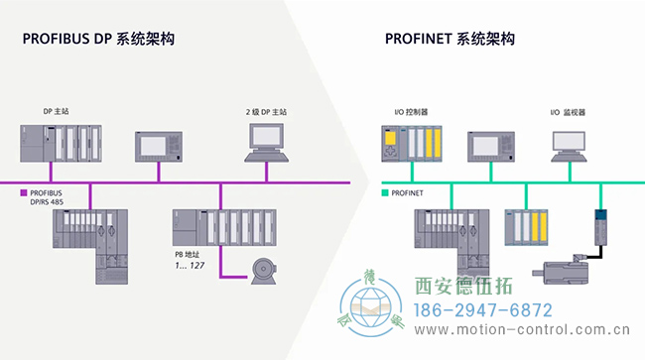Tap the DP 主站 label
(x=54, y=112)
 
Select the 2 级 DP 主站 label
(x=266, y=112)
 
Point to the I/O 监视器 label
(x=568, y=112)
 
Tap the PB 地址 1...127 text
(x=191, y=260)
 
